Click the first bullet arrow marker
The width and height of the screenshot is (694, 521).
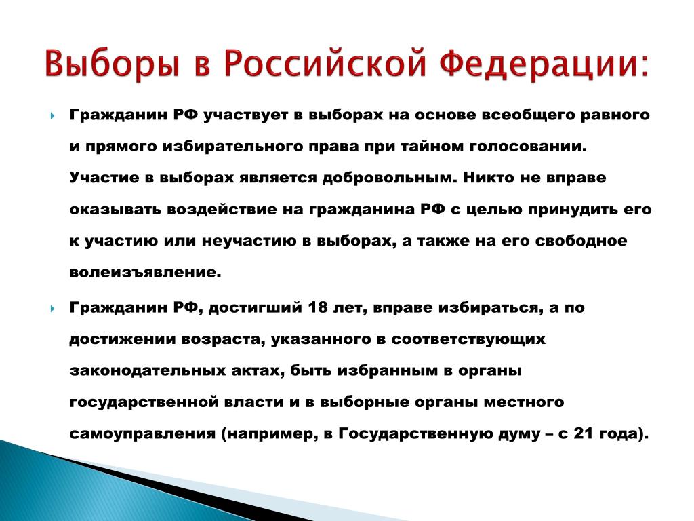click(53, 116)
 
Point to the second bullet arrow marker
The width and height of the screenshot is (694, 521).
click(53, 309)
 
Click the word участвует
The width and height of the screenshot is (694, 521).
click(246, 116)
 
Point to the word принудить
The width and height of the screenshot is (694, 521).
click(573, 210)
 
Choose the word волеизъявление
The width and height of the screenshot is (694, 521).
click(145, 272)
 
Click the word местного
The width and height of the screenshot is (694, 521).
click(524, 402)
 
